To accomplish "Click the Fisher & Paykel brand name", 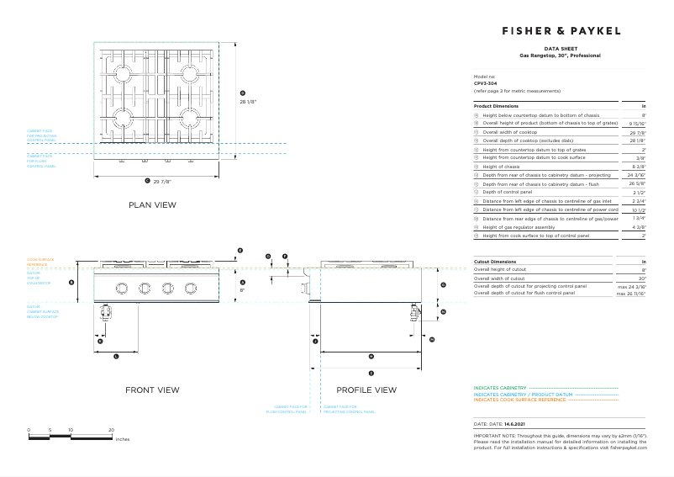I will click(561, 30).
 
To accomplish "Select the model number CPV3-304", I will click(486, 83).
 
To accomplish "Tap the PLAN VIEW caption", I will click(152, 204).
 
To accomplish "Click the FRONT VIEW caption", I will click(152, 390).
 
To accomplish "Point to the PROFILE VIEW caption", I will click(366, 390).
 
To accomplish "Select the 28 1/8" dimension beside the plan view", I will click(247, 101).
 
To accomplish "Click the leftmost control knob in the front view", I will click(122, 289).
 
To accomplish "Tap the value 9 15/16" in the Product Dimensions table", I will click(637, 123).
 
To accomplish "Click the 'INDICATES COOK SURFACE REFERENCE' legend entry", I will click(519, 400).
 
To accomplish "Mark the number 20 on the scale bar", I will click(111, 430).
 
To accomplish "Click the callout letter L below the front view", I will click(115, 357).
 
